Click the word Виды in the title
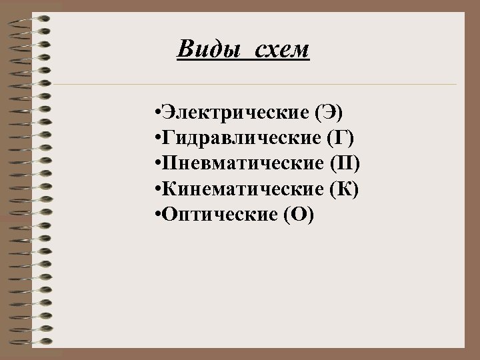tap(201, 49)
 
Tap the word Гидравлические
tap(241, 138)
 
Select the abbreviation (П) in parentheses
tap(345, 164)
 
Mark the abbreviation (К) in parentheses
tap(345, 190)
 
